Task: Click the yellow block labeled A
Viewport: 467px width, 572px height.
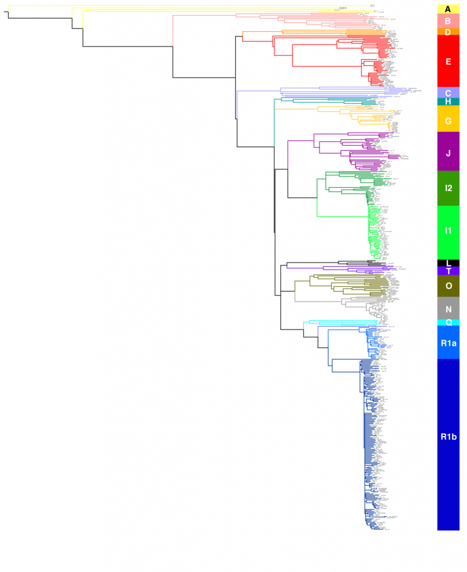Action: (448, 9)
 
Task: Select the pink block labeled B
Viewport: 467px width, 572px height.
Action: (448, 21)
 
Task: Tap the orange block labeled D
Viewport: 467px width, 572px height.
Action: (448, 32)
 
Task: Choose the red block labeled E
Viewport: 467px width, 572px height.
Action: (448, 61)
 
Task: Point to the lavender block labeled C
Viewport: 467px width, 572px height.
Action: (448, 93)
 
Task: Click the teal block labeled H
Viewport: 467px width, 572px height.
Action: (448, 102)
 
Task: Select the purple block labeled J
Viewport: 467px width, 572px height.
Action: (448, 152)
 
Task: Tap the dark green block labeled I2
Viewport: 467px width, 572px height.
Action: (448, 188)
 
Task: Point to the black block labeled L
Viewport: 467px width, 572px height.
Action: (448, 263)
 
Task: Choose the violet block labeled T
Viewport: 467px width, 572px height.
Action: (448, 271)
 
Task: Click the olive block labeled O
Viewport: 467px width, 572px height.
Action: (448, 286)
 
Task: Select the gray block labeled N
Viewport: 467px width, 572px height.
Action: (448, 309)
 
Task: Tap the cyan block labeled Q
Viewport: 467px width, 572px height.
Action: (448, 322)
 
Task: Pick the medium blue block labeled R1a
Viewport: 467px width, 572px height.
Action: (448, 342)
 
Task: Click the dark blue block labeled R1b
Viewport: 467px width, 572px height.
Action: (448, 437)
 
